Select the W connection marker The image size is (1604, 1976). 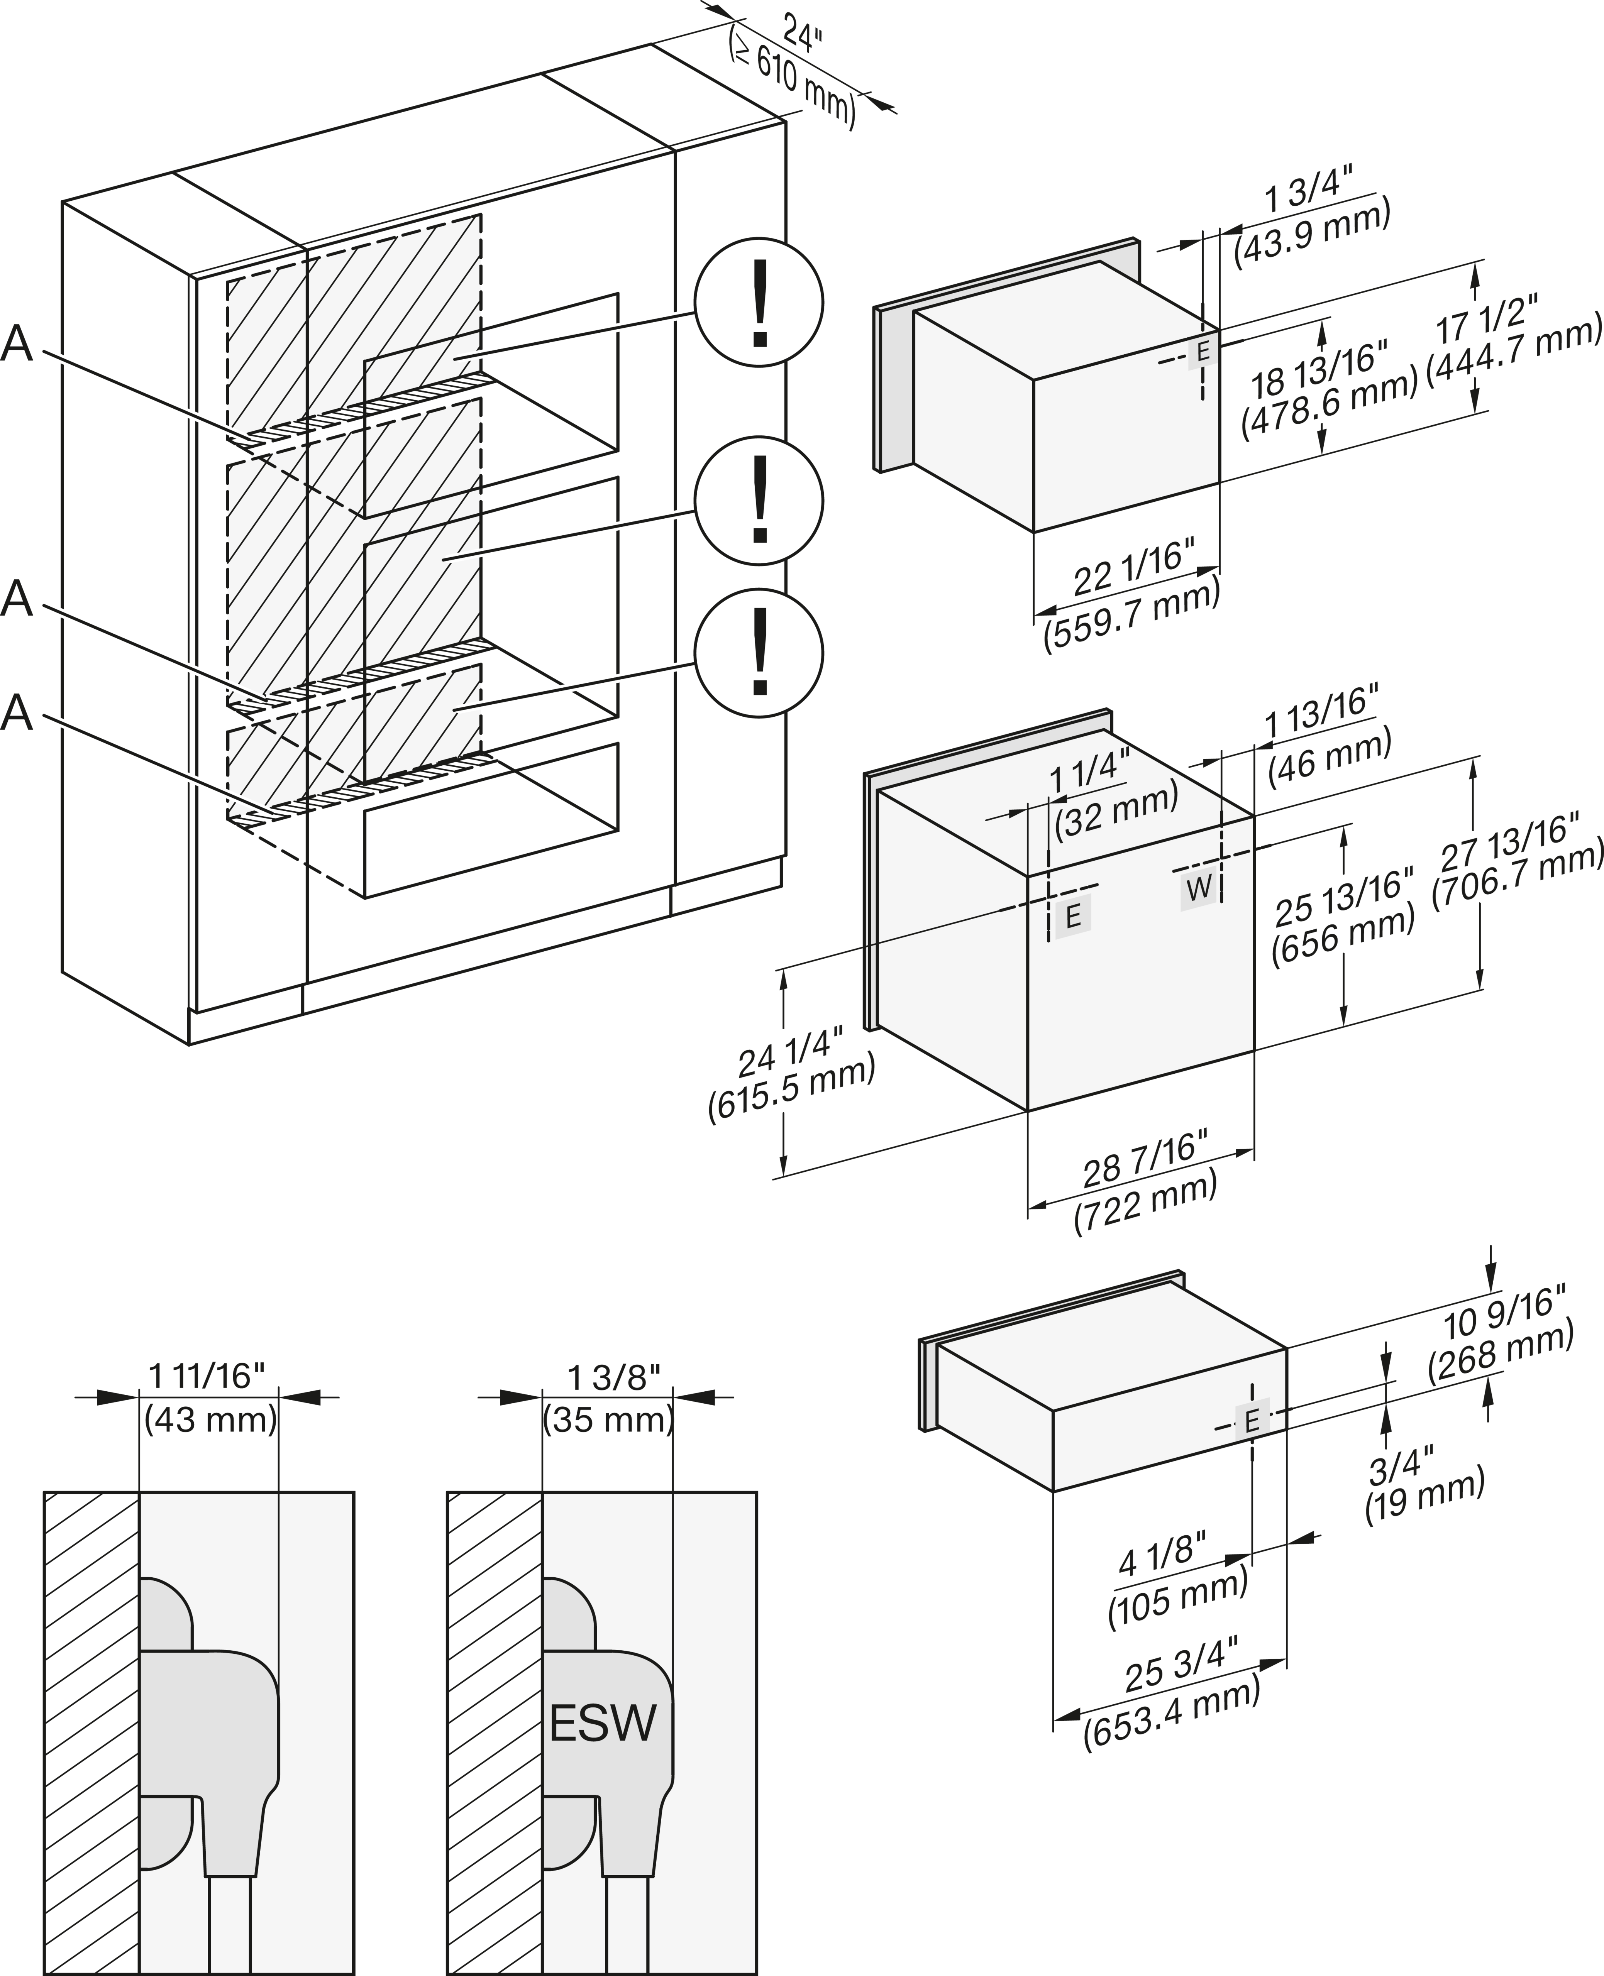click(1198, 889)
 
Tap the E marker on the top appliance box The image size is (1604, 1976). click(1202, 352)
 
